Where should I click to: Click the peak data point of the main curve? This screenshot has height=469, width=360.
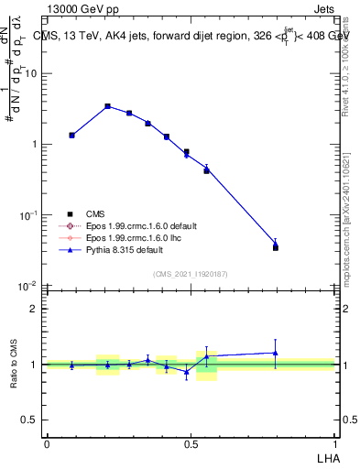(107, 106)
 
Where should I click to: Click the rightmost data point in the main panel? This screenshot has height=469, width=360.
(276, 245)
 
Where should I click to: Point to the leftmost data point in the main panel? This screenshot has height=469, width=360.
(72, 135)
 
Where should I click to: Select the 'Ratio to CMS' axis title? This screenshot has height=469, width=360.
(14, 364)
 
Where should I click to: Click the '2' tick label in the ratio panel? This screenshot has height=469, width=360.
(35, 309)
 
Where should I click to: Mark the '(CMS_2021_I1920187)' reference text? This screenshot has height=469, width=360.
(191, 274)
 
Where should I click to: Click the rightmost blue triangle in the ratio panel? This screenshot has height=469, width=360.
(276, 353)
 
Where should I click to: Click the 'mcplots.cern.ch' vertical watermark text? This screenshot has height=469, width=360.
(349, 238)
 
